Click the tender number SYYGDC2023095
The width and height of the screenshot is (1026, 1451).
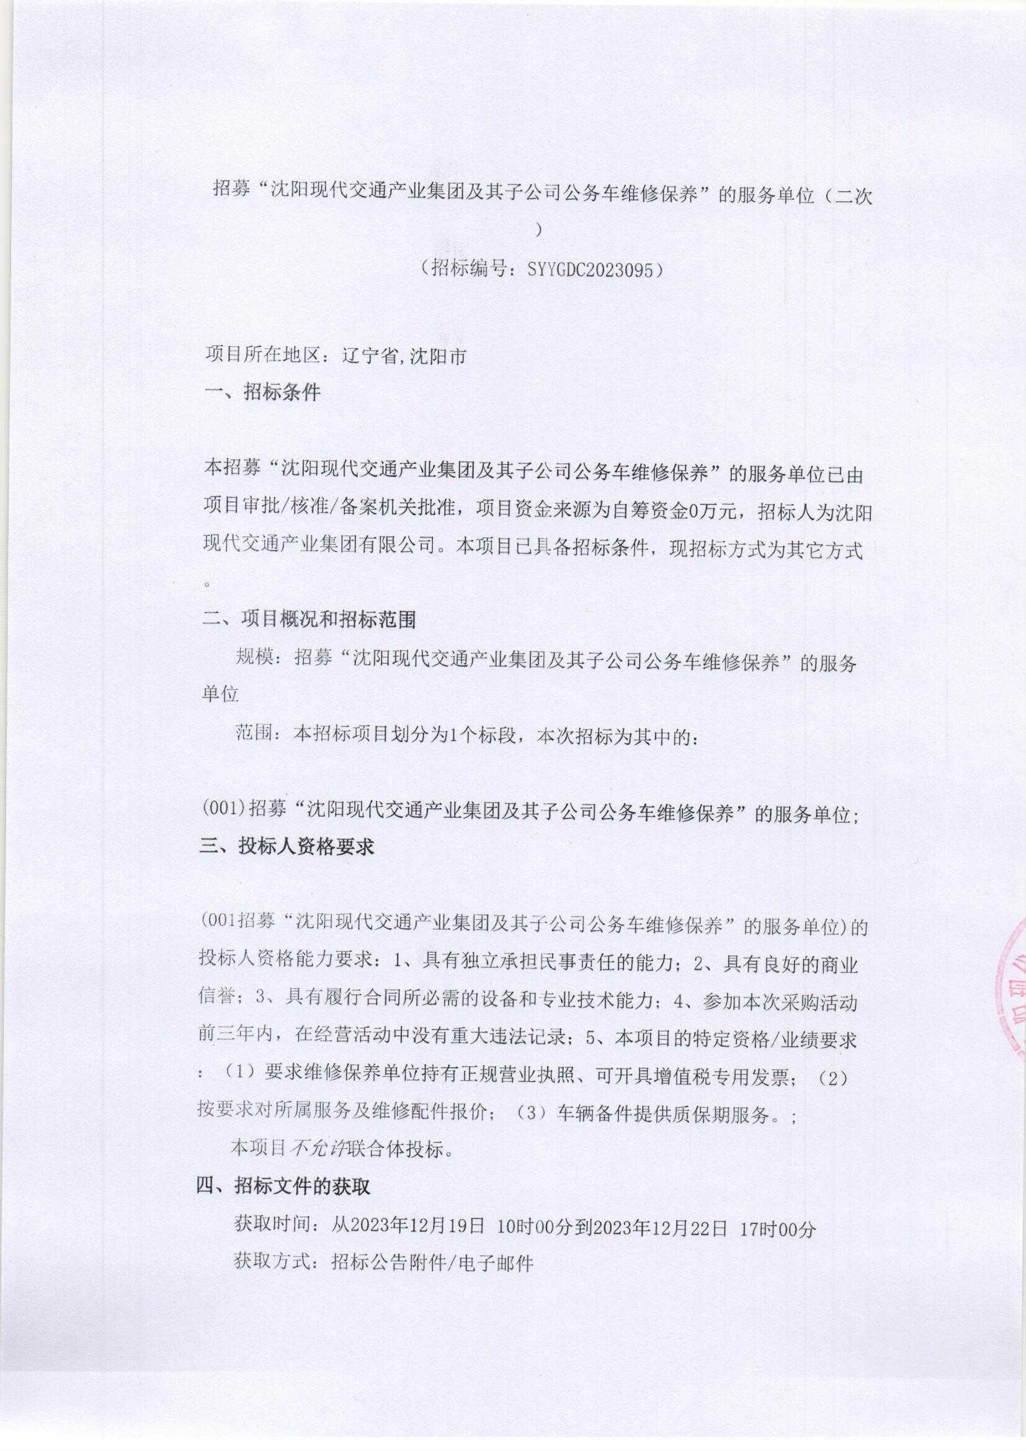pyautogui.click(x=586, y=269)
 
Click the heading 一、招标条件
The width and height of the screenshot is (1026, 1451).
pyautogui.click(x=263, y=392)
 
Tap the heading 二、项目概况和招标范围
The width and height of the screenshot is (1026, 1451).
pyautogui.click(x=309, y=620)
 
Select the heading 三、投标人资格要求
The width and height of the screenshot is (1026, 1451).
pyautogui.click(x=287, y=846)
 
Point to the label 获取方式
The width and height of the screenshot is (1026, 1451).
pyautogui.click(x=274, y=1263)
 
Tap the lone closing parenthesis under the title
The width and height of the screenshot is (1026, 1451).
pyautogui.click(x=539, y=231)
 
